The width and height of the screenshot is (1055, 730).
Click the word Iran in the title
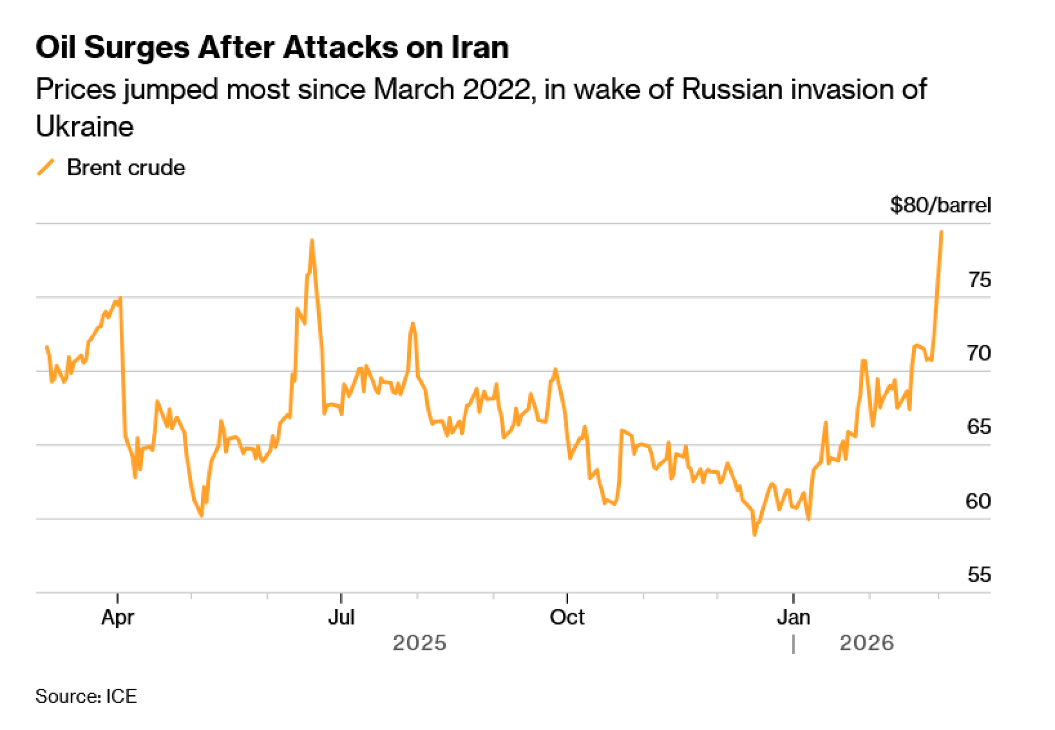click(480, 47)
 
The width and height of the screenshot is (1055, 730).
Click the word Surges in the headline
click(137, 48)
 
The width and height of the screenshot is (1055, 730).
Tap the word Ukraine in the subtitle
click(85, 126)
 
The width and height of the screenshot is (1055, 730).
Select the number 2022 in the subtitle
click(496, 89)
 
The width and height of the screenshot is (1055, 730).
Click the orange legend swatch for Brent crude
click(46, 167)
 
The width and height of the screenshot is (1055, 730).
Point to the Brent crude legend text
click(126, 168)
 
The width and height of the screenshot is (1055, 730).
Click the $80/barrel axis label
click(940, 205)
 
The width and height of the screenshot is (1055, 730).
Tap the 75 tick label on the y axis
click(979, 280)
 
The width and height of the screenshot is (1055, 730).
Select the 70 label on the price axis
click(979, 353)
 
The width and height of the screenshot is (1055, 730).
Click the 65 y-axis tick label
click(979, 426)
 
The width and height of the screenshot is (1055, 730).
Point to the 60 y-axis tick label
click(979, 501)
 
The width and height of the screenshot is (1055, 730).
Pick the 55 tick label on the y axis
click(979, 574)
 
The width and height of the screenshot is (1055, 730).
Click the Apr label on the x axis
click(118, 617)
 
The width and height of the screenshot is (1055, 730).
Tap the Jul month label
click(341, 617)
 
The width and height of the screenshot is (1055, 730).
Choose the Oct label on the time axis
click(567, 617)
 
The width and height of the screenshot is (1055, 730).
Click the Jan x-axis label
click(793, 617)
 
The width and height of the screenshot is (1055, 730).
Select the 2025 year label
click(419, 643)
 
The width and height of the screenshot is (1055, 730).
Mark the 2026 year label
click(867, 643)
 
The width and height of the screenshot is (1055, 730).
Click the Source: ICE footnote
click(86, 696)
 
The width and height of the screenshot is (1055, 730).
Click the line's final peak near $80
click(942, 232)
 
